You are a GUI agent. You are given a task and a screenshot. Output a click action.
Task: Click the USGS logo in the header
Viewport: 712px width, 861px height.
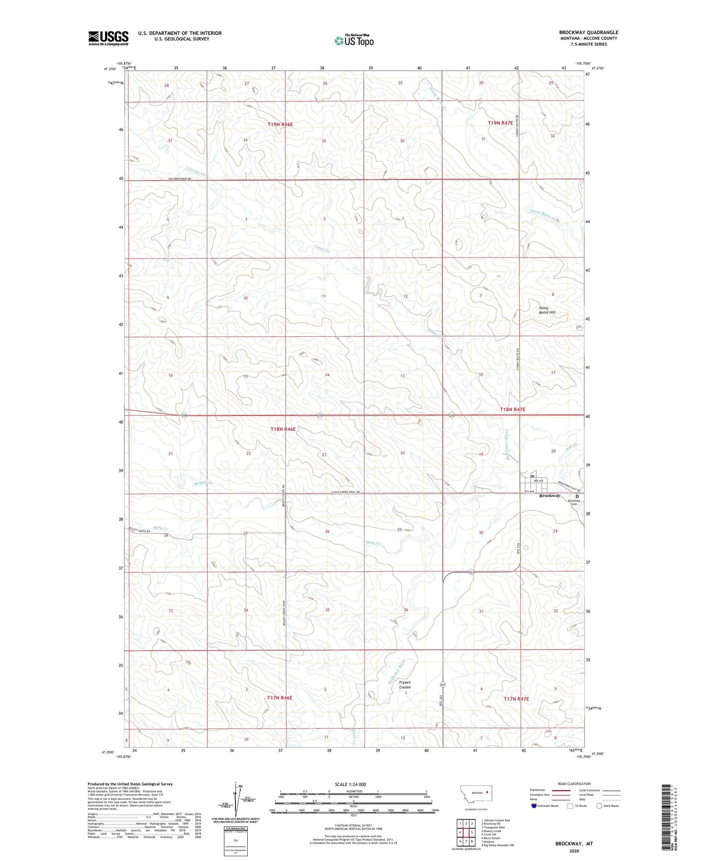[x=108, y=38]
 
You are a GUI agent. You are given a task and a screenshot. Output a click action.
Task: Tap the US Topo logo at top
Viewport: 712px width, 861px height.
[x=354, y=41]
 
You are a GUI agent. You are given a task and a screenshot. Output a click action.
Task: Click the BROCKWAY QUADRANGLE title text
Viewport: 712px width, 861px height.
[x=588, y=32]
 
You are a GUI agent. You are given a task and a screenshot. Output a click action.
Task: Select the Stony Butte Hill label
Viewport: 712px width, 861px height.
[x=547, y=310]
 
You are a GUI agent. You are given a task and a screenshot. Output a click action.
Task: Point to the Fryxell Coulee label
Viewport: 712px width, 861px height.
[x=405, y=685]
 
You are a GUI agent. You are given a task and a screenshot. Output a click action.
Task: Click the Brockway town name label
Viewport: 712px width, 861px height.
[x=550, y=496]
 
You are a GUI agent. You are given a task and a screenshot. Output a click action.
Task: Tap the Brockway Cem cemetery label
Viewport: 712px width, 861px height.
[x=574, y=502]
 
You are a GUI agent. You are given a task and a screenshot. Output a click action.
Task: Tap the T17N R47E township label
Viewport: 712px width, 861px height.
[x=516, y=699]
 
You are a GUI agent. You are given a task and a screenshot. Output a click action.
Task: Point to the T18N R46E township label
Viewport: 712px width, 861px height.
[x=283, y=429]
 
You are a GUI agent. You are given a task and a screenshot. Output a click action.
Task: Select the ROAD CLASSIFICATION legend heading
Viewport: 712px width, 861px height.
[x=574, y=784]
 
